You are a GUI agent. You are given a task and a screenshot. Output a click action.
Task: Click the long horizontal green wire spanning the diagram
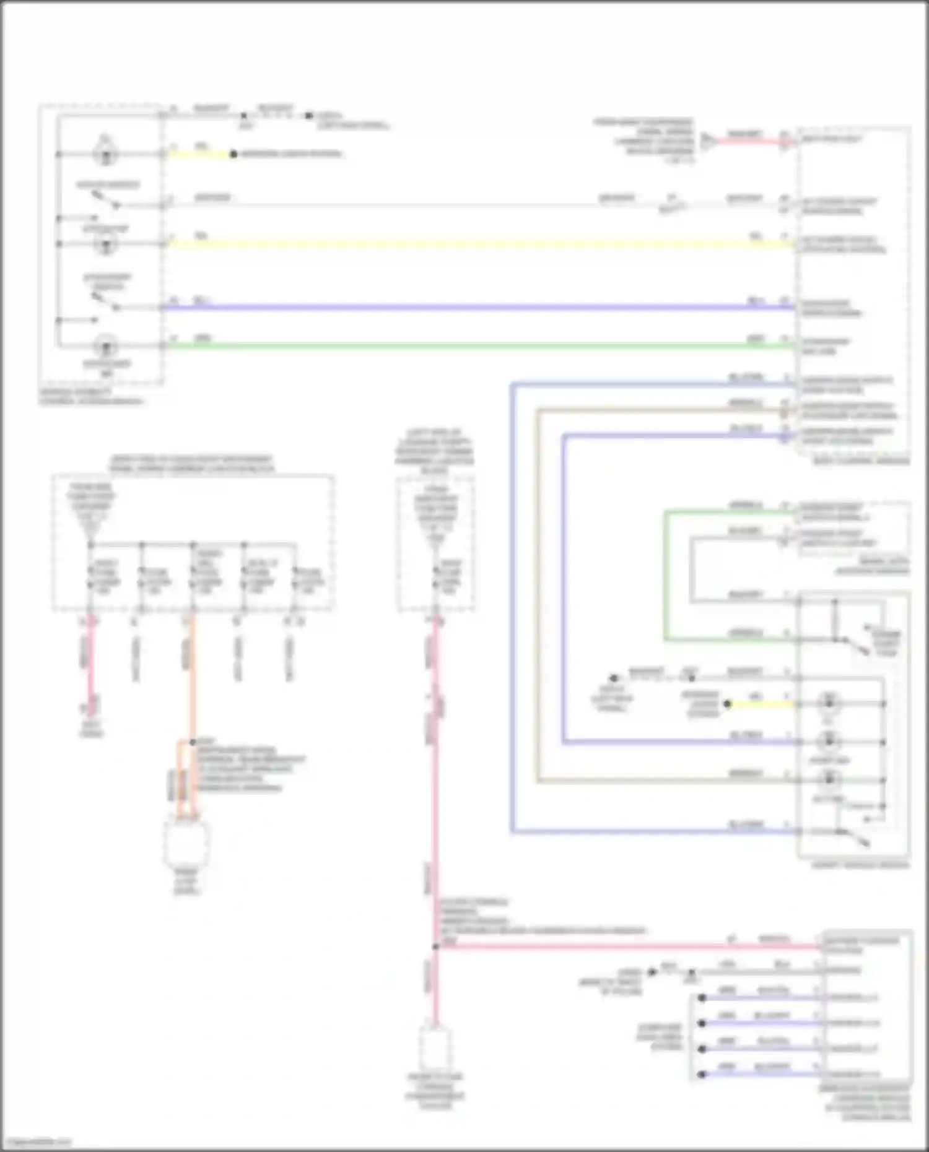[477, 345]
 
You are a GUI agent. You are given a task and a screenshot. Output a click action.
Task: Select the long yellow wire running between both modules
[477, 244]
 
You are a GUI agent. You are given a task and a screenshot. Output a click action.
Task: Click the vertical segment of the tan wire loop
[538, 594]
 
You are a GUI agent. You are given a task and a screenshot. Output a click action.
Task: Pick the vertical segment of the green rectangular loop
[665, 576]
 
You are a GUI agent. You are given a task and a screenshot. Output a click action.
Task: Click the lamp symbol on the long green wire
[106, 345]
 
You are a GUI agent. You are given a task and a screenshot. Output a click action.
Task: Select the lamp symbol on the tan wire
[829, 780]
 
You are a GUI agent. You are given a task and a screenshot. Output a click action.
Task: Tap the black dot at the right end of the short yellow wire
[233, 154]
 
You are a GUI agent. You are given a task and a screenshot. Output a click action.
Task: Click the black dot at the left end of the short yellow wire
[728, 704]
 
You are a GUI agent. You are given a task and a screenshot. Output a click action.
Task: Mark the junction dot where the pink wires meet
[435, 946]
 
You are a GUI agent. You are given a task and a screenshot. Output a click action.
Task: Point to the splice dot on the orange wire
[193, 742]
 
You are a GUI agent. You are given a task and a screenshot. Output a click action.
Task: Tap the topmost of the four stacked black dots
[702, 998]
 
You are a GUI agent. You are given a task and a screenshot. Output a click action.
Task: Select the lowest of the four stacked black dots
[702, 1074]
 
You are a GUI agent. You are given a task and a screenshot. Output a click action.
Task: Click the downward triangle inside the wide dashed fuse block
[90, 528]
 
